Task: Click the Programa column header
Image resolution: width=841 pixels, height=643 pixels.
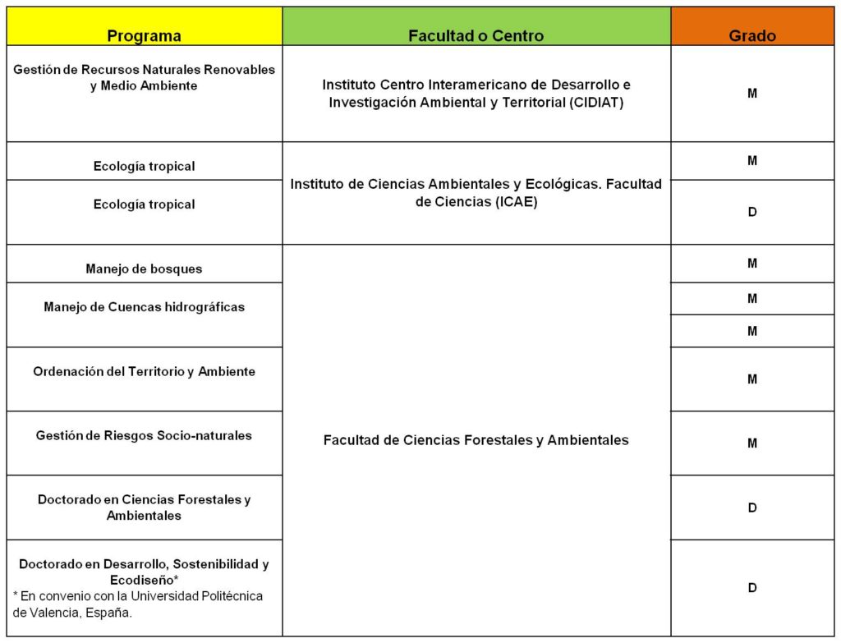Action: pyautogui.click(x=145, y=35)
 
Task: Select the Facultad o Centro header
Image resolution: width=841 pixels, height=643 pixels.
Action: pyautogui.click(x=476, y=35)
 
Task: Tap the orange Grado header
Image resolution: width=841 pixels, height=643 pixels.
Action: pyautogui.click(x=752, y=35)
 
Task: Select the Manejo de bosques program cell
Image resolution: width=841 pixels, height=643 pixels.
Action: pyautogui.click(x=144, y=269)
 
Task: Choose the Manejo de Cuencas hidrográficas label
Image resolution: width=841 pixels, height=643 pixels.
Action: pyautogui.click(x=145, y=307)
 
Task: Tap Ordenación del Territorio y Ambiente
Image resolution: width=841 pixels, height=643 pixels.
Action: pyautogui.click(x=145, y=371)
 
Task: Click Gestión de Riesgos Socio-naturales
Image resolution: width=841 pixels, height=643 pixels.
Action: pyautogui.click(x=144, y=435)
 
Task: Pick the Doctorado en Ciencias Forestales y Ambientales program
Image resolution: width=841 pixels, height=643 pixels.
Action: pyautogui.click(x=145, y=507)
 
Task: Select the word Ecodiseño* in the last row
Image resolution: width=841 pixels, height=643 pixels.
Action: pyautogui.click(x=145, y=580)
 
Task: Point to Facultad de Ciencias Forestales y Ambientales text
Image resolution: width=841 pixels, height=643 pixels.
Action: pyautogui.click(x=476, y=440)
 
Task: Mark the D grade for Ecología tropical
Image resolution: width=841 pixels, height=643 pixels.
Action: pyautogui.click(x=752, y=212)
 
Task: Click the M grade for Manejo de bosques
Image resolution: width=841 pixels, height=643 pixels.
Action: pyautogui.click(x=752, y=264)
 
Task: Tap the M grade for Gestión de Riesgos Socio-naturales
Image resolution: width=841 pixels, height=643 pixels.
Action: pyautogui.click(x=752, y=443)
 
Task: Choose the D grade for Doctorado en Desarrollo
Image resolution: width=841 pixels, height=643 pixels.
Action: pyautogui.click(x=752, y=588)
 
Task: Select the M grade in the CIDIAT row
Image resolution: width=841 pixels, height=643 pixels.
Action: pyautogui.click(x=752, y=94)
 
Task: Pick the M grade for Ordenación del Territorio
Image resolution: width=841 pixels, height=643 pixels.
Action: pyautogui.click(x=752, y=379)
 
